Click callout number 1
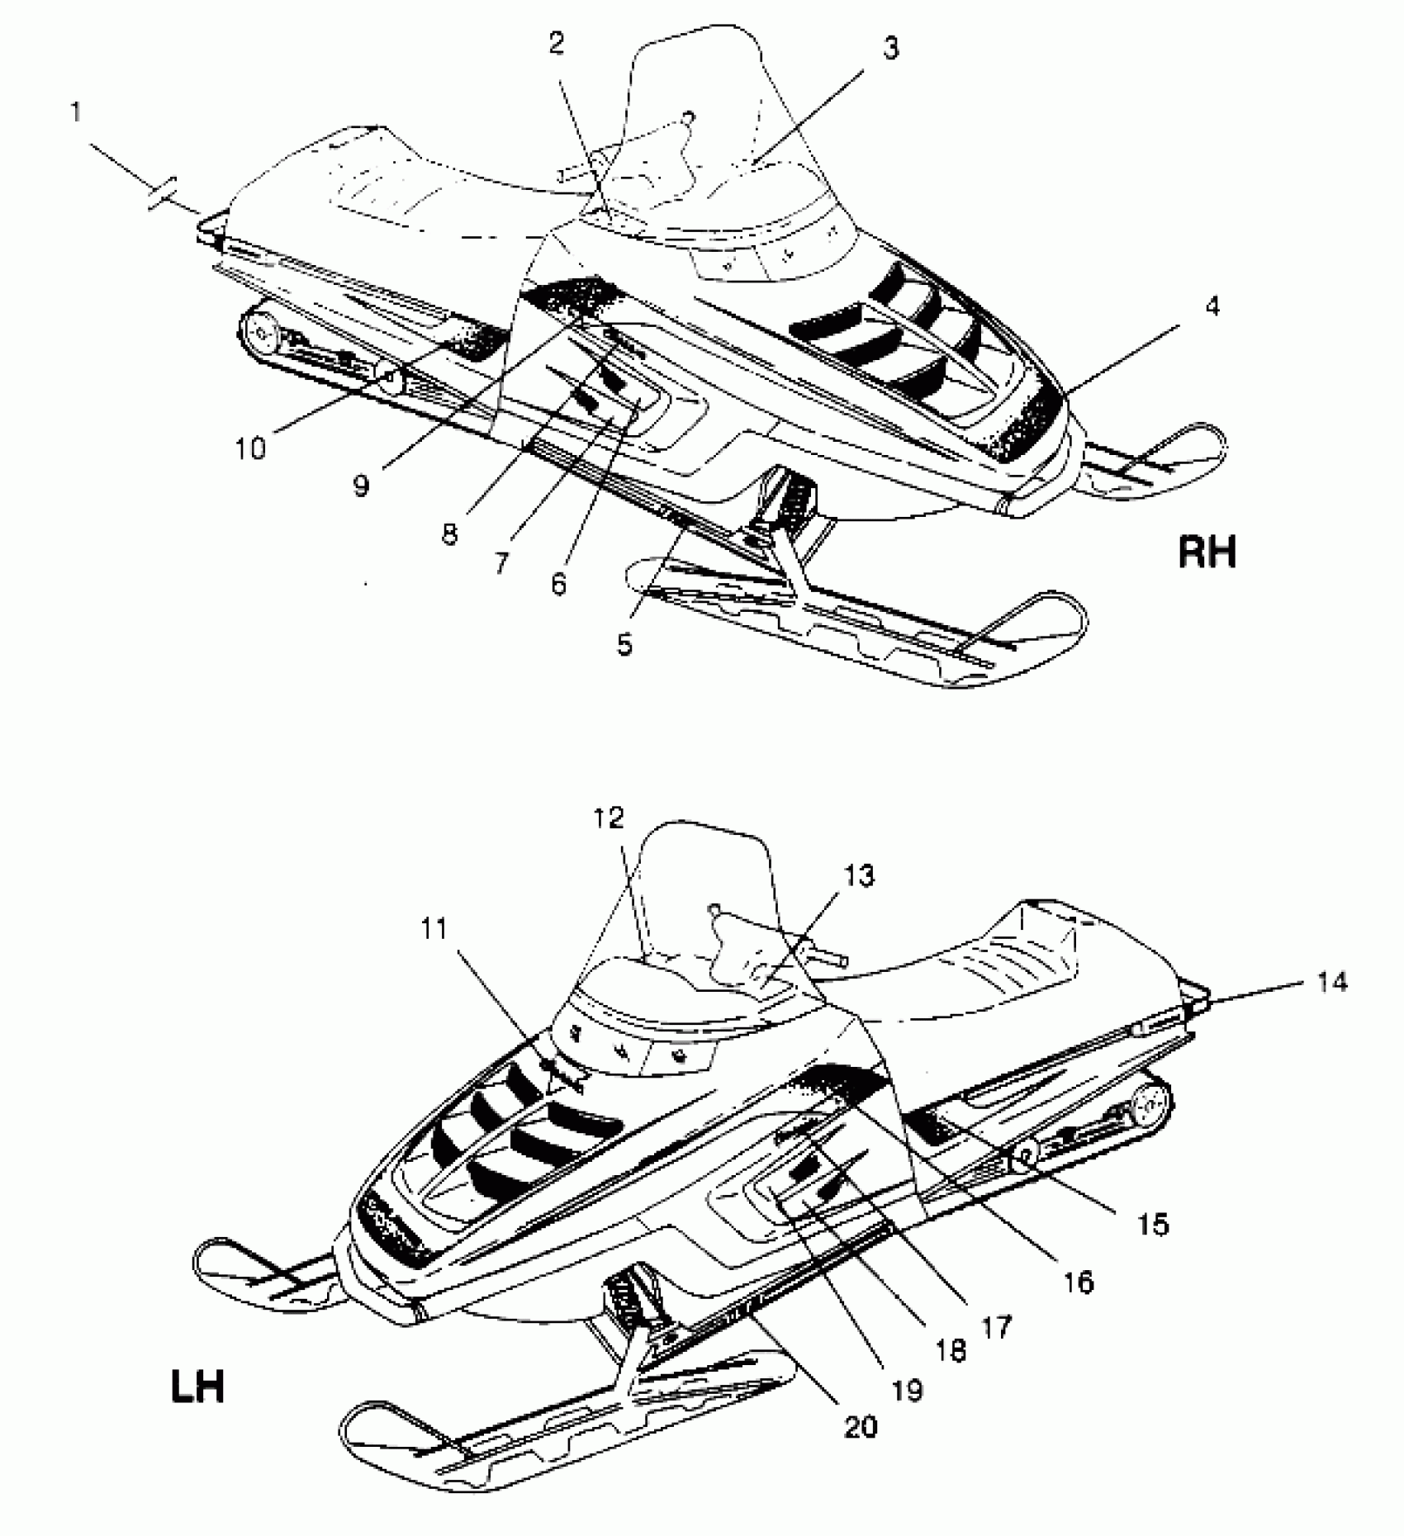click(x=76, y=111)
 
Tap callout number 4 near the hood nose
click(x=1212, y=307)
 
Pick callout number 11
click(x=434, y=929)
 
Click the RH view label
click(x=1207, y=552)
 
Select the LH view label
click(x=197, y=1387)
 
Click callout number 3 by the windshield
click(x=889, y=49)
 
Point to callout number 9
click(x=361, y=486)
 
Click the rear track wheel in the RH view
click(x=263, y=334)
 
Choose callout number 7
click(x=501, y=563)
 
